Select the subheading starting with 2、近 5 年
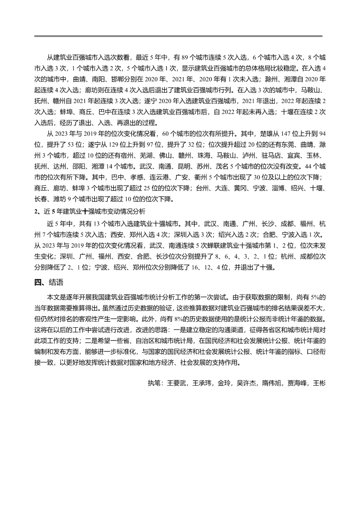90,211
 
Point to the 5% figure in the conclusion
315,297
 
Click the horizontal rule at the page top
178,36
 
